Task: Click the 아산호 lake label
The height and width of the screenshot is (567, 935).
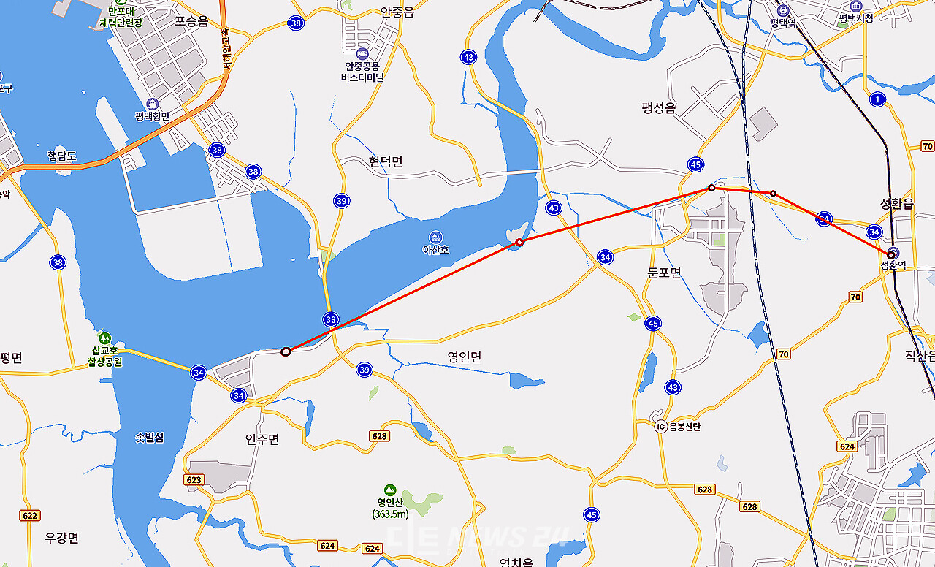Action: pos(435,250)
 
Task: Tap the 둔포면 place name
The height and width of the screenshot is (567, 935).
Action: pos(664,273)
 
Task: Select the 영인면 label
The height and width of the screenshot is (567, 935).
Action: pos(465,357)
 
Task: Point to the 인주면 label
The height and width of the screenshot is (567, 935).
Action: pos(262,439)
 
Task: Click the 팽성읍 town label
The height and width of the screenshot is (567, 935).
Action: pos(659,108)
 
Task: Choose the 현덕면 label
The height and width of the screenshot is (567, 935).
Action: pos(385,161)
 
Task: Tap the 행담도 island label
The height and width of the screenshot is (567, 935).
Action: pos(62,155)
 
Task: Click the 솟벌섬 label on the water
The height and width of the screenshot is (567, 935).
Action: pos(150,438)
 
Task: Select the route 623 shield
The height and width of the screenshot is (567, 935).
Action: pos(194,480)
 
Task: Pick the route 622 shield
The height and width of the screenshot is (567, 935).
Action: pos(30,515)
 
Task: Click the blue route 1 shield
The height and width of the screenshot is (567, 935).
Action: pos(877,99)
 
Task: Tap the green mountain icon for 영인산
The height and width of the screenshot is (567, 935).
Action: pos(390,490)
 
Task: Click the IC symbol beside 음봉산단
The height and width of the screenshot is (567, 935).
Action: pos(660,427)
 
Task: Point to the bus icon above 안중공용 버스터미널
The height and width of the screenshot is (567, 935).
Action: pos(362,53)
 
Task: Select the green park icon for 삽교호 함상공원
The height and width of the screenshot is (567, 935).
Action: pos(104,338)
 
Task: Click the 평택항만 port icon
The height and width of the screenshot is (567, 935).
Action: pos(152,104)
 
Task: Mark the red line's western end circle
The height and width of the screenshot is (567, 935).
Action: pos(286,351)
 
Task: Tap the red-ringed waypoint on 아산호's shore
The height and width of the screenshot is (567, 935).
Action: pos(519,242)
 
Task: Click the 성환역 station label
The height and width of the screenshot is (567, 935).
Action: pos(893,265)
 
